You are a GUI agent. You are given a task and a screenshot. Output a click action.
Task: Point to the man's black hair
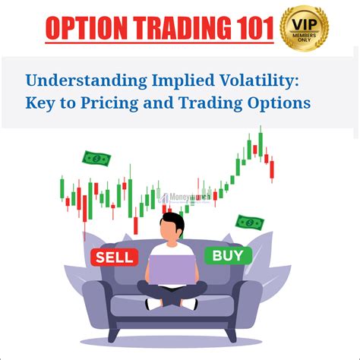(170, 221)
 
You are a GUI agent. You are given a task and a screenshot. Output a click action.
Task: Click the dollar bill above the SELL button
(97, 159)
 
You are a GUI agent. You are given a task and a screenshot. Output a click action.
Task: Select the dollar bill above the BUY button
(249, 223)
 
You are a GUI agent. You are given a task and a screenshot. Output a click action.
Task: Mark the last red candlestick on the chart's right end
(272, 169)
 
